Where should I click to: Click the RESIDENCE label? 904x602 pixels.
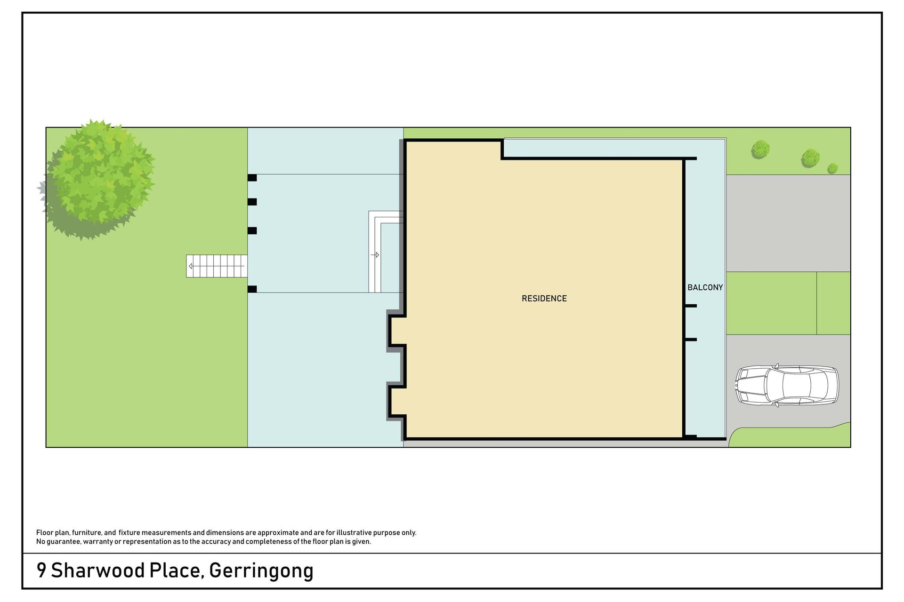[x=544, y=299]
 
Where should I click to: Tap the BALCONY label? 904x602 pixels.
[x=705, y=287]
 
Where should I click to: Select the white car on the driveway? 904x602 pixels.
[x=787, y=385]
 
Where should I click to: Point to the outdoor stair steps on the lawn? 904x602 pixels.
[x=217, y=266]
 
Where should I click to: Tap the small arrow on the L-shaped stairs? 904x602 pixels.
[x=375, y=255]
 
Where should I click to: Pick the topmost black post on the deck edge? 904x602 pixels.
[x=252, y=178]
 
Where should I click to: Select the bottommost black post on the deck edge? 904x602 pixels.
[x=252, y=289]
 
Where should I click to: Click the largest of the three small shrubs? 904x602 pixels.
[x=810, y=158]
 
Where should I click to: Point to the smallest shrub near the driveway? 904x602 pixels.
[x=832, y=168]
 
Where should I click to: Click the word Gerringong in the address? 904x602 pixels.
[x=261, y=571]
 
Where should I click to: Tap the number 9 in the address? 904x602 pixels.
[x=41, y=570]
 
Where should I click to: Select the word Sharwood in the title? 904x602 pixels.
[x=98, y=570]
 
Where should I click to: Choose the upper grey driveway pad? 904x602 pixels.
[x=788, y=223]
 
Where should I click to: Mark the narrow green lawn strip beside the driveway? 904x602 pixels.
[x=833, y=303]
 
